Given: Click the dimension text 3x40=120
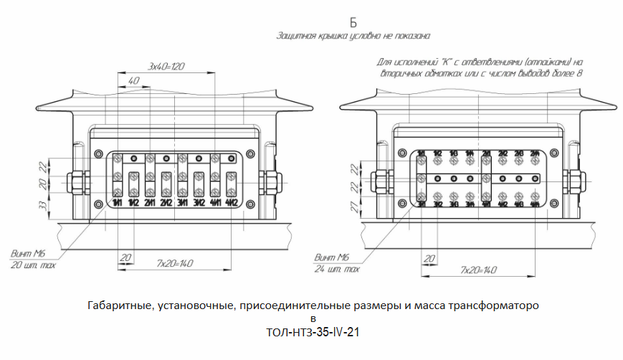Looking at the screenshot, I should tap(166, 66).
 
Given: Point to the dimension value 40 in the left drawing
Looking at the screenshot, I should tap(134, 82).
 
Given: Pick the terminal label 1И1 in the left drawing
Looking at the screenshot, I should tap(117, 204).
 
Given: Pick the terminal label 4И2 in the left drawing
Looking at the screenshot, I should tap(232, 204).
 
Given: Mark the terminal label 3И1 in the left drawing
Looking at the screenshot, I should tap(182, 204).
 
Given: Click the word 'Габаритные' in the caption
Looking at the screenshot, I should tap(118, 305).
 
